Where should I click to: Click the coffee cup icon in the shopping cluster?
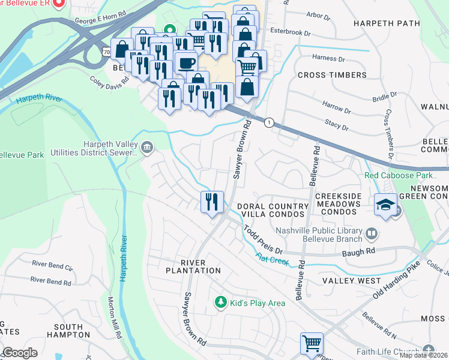[x=186, y=62]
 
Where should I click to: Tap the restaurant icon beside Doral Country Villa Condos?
[x=211, y=202]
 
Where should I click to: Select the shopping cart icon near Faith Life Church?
[x=312, y=344]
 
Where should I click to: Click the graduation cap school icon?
[x=385, y=205]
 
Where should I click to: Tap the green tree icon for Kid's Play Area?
[x=221, y=302]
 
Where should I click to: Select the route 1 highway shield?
[x=270, y=122]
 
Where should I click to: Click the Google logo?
[x=19, y=353]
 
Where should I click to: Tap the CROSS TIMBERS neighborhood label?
[x=332, y=75]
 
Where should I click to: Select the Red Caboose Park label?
[x=399, y=176]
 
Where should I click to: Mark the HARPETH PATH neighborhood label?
[x=387, y=23]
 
